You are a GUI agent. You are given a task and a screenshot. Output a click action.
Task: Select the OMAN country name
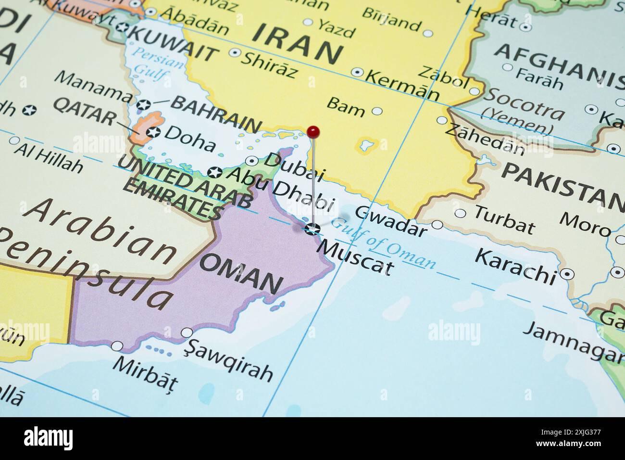click(x=240, y=274)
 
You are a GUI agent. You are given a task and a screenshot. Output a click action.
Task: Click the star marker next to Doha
click(x=153, y=131)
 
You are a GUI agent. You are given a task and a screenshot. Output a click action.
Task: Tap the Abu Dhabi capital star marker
click(x=215, y=172)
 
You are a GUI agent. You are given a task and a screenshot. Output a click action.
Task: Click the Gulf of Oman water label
click(x=384, y=243)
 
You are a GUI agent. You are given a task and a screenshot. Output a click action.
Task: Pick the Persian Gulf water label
click(x=152, y=64)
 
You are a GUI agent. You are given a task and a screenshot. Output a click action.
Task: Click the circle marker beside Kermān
click(x=357, y=72)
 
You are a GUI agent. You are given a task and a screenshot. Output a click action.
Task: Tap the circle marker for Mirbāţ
click(x=117, y=346)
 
